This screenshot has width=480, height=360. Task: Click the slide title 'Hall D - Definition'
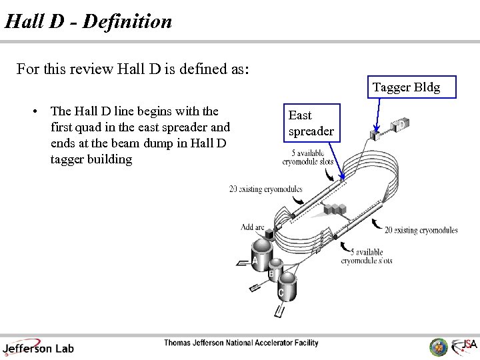click(x=88, y=21)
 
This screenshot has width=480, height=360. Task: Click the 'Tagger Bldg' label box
click(x=406, y=88)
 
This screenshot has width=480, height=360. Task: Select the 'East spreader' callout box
click(x=311, y=123)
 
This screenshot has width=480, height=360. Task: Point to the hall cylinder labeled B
click(x=274, y=269)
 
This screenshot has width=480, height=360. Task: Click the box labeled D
click(x=402, y=124)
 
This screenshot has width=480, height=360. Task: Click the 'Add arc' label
click(x=253, y=227)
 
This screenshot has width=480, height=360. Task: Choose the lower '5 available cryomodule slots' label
click(x=366, y=257)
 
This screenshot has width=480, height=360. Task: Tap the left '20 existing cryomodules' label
click(x=265, y=189)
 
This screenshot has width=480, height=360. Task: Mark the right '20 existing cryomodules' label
click(x=421, y=230)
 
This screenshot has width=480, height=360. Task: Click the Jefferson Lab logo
click(x=38, y=346)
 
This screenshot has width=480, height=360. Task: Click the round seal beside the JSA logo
click(x=438, y=346)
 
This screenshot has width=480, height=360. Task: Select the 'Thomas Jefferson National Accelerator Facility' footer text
click(x=241, y=343)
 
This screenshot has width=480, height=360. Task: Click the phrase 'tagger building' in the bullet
click(x=91, y=159)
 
